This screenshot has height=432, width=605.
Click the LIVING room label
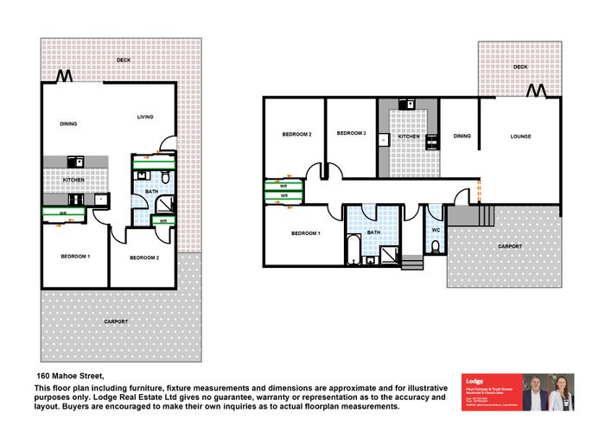click(144, 116)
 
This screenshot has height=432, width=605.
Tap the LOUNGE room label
click(520, 137)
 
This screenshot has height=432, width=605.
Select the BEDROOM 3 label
click(352, 133)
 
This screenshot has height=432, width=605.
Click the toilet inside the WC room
click(435, 248)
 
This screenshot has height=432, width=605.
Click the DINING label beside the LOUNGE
click(462, 136)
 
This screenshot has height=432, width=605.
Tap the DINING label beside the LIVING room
click(69, 124)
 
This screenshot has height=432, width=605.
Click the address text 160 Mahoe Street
click(68, 376)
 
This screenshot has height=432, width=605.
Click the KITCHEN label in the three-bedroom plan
click(408, 137)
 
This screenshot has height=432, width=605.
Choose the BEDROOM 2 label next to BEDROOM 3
click(296, 135)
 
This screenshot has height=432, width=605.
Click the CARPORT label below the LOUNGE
click(509, 246)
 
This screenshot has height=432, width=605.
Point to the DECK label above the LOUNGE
click(519, 67)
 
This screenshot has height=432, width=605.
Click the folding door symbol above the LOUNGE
click(538, 91)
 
